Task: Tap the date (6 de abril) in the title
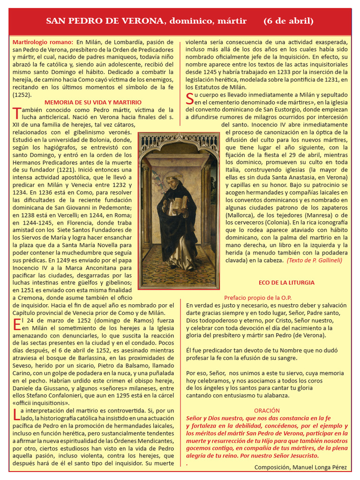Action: pos(288,21)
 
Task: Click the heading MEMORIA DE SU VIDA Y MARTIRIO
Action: pos(93,102)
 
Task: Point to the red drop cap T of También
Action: pos(16,112)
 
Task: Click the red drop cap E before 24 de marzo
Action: pos(16,324)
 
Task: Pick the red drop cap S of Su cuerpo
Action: pos(189,98)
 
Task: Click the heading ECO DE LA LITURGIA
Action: pos(286,283)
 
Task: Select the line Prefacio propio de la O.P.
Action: pos(258,298)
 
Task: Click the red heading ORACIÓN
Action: pos(267,410)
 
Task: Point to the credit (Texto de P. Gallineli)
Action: pos(314,260)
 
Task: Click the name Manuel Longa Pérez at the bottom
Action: pos(320,467)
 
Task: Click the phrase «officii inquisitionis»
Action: pos(41,403)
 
